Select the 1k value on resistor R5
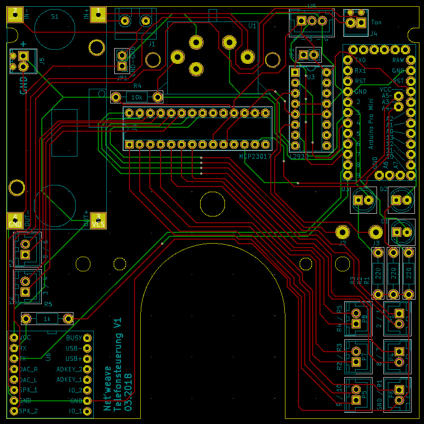[47, 319]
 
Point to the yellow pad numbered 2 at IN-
[15, 15]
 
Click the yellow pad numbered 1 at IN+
[98, 15]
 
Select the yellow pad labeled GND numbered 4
[15, 220]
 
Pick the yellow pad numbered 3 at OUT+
[98, 220]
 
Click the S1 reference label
[55, 17]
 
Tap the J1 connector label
[152, 43]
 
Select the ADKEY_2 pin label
[69, 369]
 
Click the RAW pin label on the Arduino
[398, 60]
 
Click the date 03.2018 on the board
[129, 391]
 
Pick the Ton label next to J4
[376, 23]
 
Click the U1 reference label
[252, 26]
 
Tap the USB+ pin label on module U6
[73, 358]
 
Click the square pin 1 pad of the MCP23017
[129, 145]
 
